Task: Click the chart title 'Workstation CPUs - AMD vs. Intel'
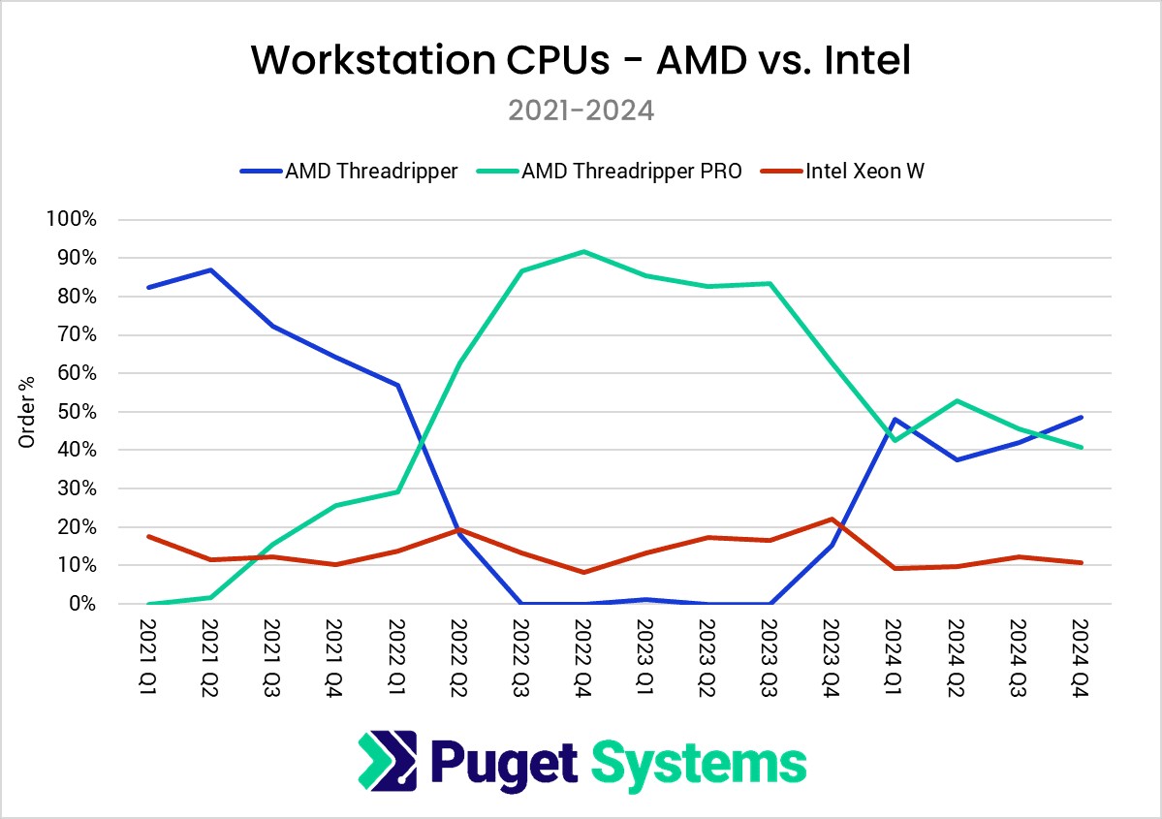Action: pos(581,60)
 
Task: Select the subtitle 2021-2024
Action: pos(581,110)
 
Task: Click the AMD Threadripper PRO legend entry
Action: pos(631,173)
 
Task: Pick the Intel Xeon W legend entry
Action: pos(864,173)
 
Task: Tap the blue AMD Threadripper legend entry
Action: pos(370,173)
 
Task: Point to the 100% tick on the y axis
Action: pos(72,220)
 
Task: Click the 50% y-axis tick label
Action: pos(76,412)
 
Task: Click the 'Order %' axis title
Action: pos(27,412)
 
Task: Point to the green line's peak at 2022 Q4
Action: pos(582,252)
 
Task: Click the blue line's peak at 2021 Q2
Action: pos(210,269)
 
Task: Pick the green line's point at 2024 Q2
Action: pos(956,400)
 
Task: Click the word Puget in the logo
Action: pos(504,763)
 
